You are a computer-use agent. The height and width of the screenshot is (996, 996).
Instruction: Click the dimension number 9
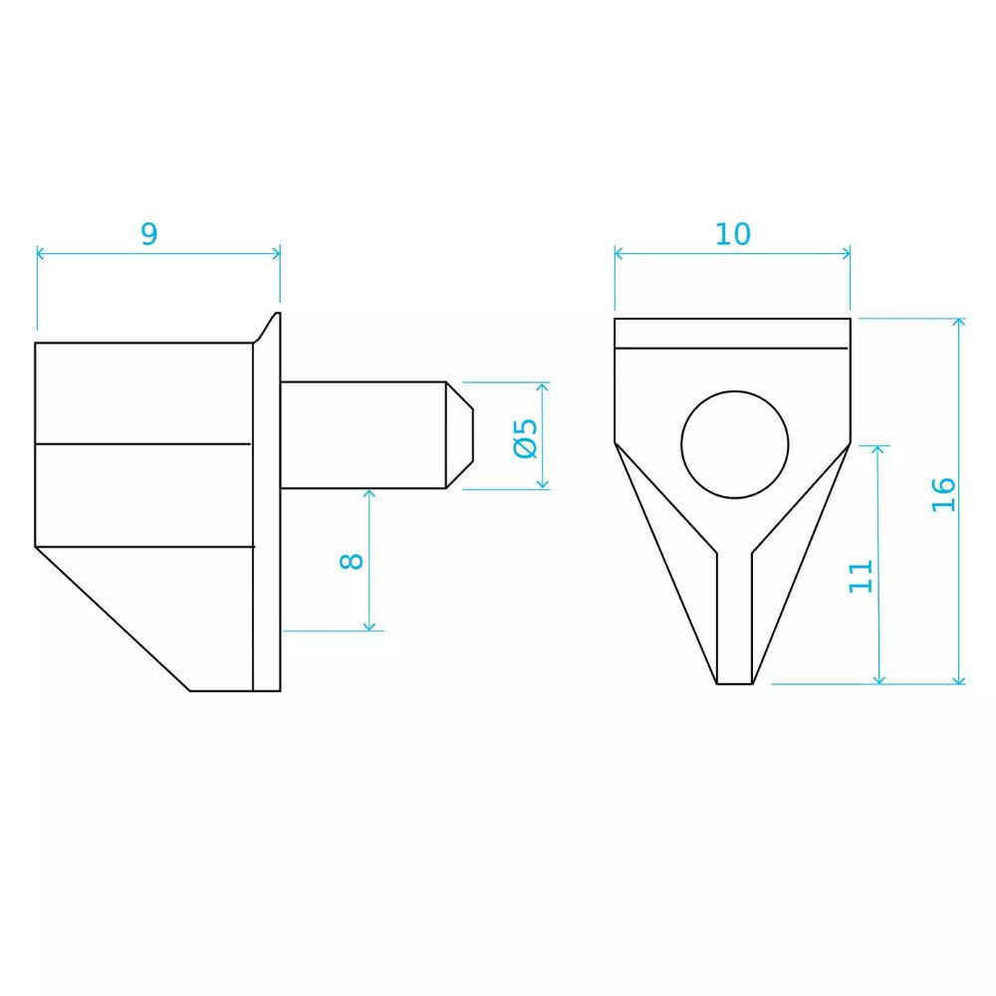coord(148,234)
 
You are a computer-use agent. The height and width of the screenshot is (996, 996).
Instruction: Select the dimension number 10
coord(732,234)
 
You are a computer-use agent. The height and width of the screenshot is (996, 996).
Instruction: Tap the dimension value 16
coord(944,494)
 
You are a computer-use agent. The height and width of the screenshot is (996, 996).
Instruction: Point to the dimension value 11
coord(862,576)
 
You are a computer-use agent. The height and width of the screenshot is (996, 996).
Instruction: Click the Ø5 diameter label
coord(526,438)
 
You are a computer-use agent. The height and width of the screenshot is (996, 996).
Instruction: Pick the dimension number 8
coord(352,561)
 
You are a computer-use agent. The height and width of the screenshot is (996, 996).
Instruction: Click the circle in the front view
coord(735,391)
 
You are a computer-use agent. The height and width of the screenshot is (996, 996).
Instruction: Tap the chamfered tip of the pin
coord(460,435)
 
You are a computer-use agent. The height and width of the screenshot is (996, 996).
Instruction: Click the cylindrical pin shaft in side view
coord(364,435)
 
